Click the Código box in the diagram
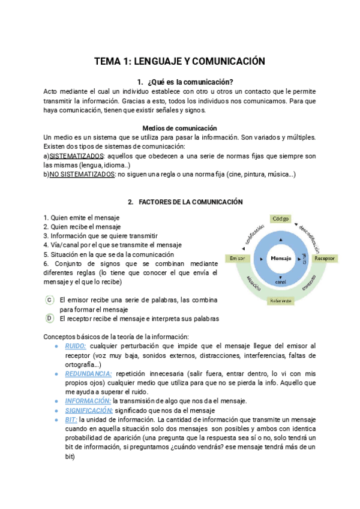click(x=281, y=219)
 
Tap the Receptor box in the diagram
click(x=325, y=258)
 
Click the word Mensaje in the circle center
click(x=281, y=258)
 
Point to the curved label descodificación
click(x=308, y=237)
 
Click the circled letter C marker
click(x=50, y=300)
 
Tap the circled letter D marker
click(x=50, y=319)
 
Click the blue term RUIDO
click(x=76, y=346)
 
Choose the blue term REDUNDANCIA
click(x=88, y=373)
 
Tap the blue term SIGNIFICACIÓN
click(x=88, y=411)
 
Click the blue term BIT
click(x=71, y=420)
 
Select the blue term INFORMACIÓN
click(x=88, y=401)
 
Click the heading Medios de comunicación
click(x=179, y=128)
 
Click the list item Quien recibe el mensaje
click(x=82, y=227)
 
